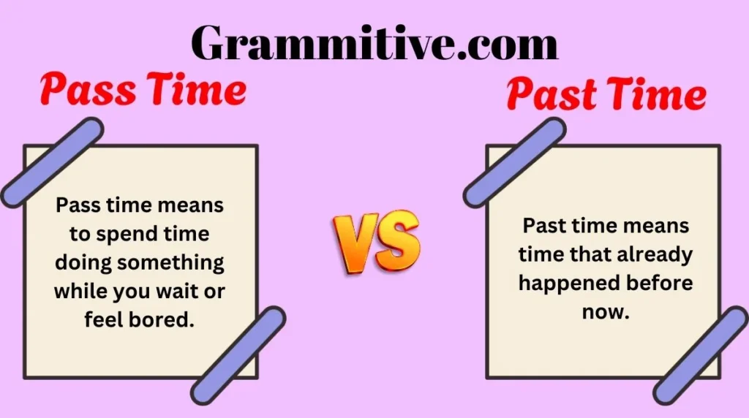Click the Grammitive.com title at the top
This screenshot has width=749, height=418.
374,42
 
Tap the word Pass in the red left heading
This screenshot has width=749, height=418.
80,91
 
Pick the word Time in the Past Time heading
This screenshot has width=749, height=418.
655,96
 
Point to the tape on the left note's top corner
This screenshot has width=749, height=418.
51,162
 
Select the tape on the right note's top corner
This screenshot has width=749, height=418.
514,162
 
